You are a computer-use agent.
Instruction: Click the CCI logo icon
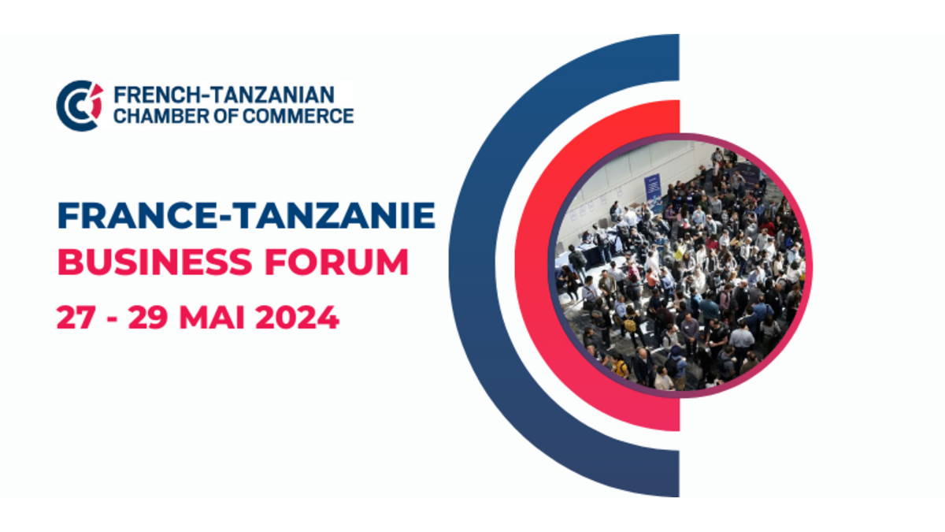click(80, 106)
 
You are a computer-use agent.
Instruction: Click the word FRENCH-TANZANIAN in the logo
click(224, 95)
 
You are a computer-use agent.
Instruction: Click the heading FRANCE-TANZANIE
click(246, 215)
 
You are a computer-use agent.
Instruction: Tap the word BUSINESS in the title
click(155, 262)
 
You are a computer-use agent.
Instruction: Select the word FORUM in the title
click(337, 262)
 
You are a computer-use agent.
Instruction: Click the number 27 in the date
click(76, 317)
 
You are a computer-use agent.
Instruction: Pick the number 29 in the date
click(148, 317)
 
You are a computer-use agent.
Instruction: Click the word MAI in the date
click(212, 317)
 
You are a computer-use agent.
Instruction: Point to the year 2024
click(298, 317)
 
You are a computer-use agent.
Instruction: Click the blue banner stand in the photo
click(652, 188)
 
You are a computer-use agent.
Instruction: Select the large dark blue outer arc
click(472, 265)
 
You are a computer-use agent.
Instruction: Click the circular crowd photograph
click(680, 266)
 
